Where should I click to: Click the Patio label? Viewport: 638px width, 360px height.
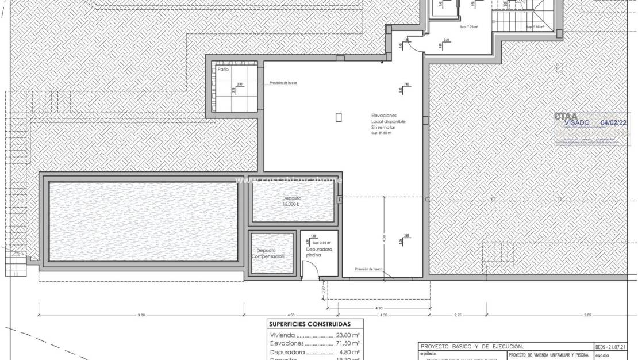pyautogui.click(x=223, y=69)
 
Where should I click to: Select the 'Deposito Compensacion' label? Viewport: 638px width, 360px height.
pyautogui.click(x=267, y=253)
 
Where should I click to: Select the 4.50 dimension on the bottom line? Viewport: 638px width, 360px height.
pyautogui.click(x=291, y=315)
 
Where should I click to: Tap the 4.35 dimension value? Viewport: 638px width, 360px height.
pyautogui.click(x=383, y=315)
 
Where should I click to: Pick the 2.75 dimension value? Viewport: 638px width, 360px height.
pyautogui.click(x=458, y=315)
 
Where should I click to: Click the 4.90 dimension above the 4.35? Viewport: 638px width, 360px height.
pyautogui.click(x=378, y=308)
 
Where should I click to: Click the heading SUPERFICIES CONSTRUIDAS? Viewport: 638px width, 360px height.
pyautogui.click(x=310, y=324)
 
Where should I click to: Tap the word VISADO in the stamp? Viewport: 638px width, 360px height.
pyautogui.click(x=576, y=122)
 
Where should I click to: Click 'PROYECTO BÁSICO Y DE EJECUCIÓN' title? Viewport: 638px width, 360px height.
pyautogui.click(x=472, y=347)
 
